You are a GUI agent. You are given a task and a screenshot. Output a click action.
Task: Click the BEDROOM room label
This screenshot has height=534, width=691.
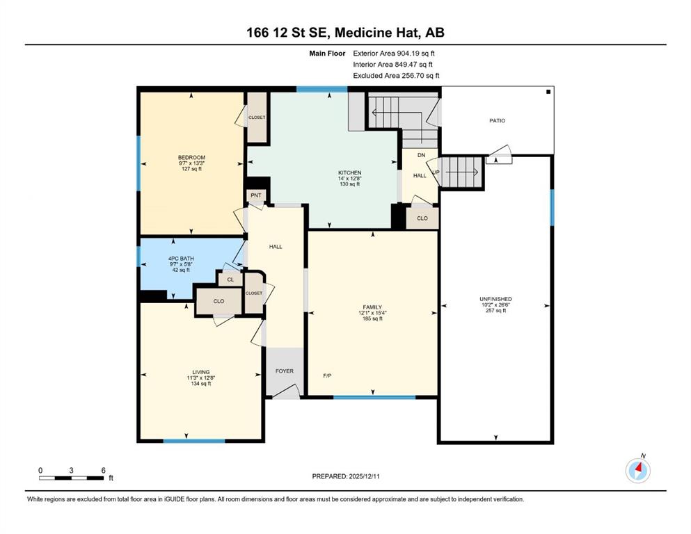click(x=191, y=157)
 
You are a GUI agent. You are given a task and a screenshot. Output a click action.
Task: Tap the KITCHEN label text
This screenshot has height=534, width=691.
click(x=350, y=172)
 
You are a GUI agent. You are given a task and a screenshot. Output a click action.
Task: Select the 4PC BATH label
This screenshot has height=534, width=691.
click(x=181, y=259)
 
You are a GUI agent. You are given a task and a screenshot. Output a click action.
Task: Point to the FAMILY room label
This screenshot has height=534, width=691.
click(x=372, y=307)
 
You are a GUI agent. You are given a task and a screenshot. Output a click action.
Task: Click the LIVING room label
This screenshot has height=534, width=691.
click(x=201, y=372)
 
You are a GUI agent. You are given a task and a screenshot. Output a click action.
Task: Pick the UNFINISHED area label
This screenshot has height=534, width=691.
click(x=495, y=299)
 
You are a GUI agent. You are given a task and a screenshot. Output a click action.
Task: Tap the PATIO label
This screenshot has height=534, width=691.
click(x=498, y=120)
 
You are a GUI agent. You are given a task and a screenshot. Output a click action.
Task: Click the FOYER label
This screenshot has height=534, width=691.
click(x=285, y=371)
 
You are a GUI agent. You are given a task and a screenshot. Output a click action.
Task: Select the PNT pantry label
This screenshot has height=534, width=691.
click(x=256, y=195)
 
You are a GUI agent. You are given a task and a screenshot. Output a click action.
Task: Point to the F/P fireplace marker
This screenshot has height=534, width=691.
click(x=328, y=375)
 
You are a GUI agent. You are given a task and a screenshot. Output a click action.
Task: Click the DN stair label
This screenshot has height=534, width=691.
click(x=421, y=155)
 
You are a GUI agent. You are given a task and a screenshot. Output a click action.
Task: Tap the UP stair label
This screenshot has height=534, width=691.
click(x=436, y=172)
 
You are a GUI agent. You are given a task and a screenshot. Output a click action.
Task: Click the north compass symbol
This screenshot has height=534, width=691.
click(x=638, y=470)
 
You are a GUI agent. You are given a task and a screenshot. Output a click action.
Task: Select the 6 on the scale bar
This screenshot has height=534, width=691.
click(x=104, y=470)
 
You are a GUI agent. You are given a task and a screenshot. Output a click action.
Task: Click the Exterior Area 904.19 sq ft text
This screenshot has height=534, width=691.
click(x=394, y=54)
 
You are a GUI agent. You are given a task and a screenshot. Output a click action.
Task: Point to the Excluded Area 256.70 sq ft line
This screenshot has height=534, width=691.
click(x=396, y=75)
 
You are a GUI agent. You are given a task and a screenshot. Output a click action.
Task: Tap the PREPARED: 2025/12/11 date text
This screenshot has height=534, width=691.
click(x=346, y=476)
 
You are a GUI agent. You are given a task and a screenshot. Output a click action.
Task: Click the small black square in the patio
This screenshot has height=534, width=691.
click(x=548, y=92)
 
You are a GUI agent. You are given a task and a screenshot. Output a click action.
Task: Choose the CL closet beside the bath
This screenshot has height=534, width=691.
click(x=230, y=280)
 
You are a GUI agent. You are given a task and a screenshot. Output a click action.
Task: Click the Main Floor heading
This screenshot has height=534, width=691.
click(x=328, y=54)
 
